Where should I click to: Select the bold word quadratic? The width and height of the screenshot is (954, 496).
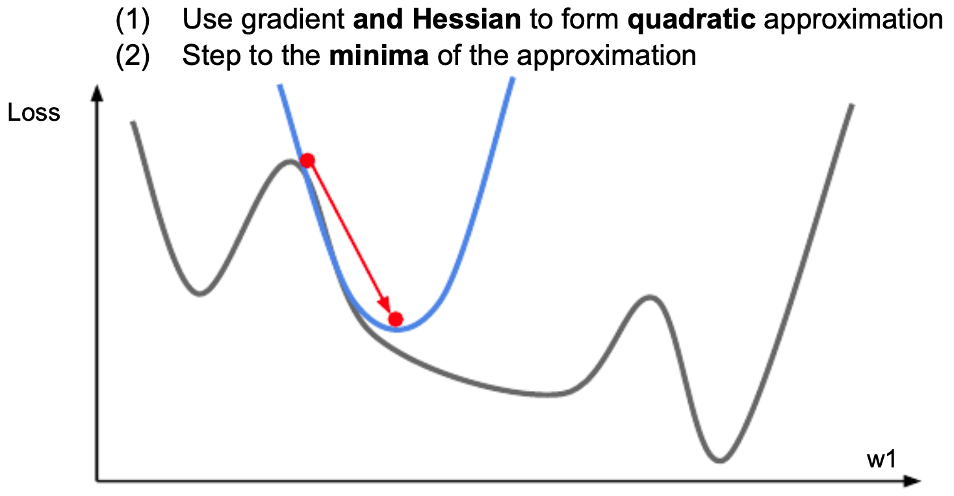[691, 20]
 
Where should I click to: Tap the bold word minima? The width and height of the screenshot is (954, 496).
[379, 55]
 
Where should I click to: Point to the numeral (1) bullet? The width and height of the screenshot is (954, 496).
[133, 20]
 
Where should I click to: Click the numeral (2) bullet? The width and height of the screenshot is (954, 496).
[133, 56]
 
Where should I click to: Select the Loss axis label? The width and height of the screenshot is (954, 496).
[34, 113]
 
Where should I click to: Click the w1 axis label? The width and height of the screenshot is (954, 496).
[882, 460]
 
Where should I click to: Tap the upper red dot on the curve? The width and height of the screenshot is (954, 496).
[307, 160]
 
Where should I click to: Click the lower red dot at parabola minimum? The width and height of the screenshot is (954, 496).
[396, 319]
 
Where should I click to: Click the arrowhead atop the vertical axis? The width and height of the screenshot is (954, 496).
[97, 93]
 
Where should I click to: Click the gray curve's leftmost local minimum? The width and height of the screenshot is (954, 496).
[200, 293]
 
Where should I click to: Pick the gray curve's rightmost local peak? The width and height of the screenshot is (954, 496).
[649, 297]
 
